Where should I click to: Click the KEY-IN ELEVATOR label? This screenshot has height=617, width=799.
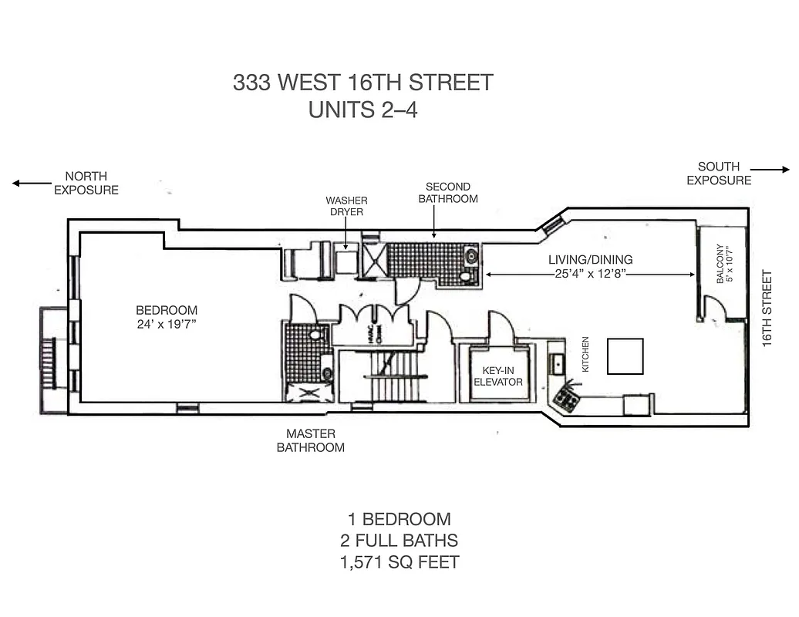[498, 376]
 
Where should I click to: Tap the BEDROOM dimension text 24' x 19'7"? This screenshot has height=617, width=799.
[167, 325]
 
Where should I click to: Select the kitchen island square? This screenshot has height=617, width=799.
[625, 356]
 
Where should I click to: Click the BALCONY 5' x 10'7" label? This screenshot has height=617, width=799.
[723, 265]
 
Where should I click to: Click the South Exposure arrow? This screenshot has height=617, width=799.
[769, 170]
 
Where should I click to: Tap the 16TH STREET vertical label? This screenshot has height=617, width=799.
[767, 308]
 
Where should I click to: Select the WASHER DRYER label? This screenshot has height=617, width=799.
[346, 207]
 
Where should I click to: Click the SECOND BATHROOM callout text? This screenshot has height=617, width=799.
[448, 193]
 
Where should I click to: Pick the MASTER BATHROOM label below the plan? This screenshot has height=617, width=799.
[311, 441]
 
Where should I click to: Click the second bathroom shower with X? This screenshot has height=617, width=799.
[374, 258]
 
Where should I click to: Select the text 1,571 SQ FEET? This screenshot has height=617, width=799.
[399, 562]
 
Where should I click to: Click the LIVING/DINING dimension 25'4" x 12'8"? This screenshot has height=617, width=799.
[591, 274]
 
